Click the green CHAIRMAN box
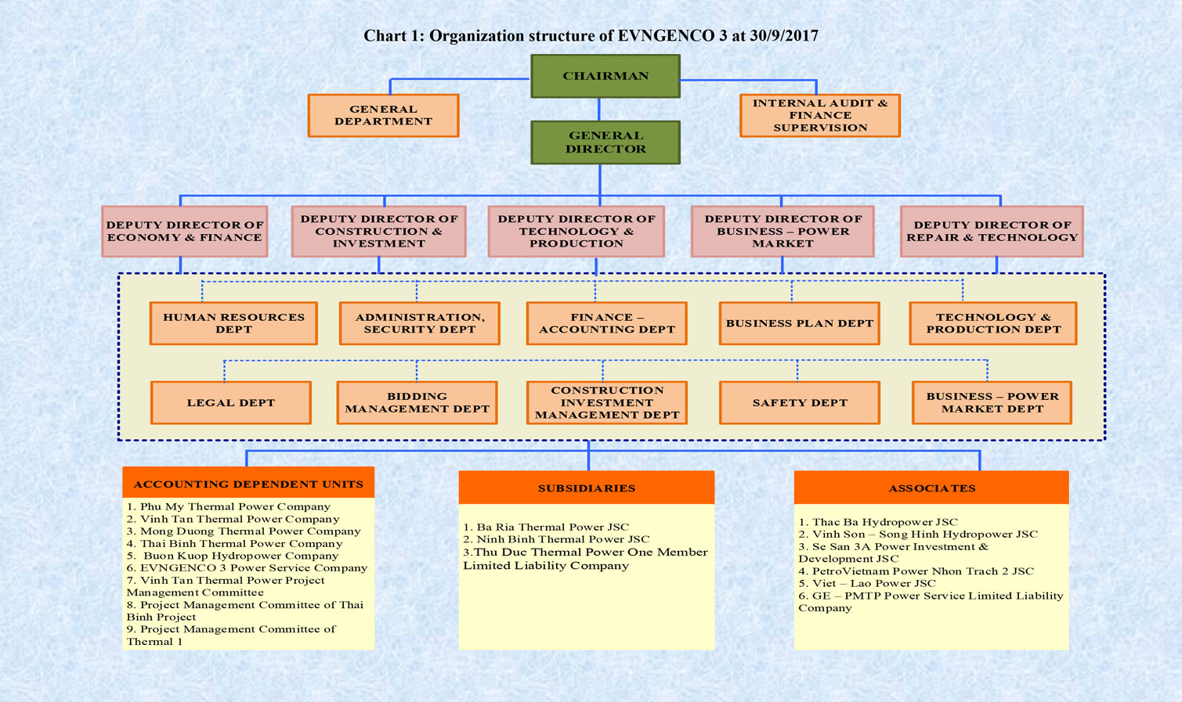pos(605,76)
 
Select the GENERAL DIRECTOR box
pos(605,142)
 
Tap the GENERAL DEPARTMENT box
pos(383,115)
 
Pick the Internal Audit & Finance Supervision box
pos(820,115)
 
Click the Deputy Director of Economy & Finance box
pos(185,232)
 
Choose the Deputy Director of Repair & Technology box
pos(992,232)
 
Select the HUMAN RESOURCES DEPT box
pos(233,323)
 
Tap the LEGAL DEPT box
pos(230,402)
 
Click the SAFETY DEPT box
pos(800,402)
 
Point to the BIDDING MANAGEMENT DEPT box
pos(417,402)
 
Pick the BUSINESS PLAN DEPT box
pos(800,323)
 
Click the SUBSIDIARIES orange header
pos(586,488)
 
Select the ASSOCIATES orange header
pos(931,488)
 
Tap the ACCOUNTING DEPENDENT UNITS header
pos(248,483)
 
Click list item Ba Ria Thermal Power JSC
pos(546,527)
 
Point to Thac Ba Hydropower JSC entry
pos(878,522)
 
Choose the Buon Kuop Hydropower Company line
pos(233,556)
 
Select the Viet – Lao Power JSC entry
pos(867,583)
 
